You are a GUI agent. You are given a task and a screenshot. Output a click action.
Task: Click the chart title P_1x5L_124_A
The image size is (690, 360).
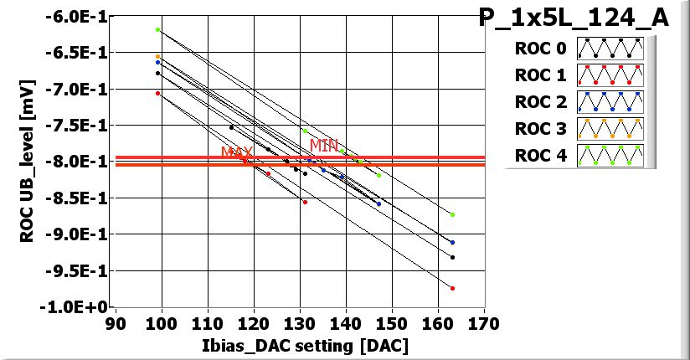click(x=574, y=18)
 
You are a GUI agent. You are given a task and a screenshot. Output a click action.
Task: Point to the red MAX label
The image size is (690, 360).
click(x=237, y=152)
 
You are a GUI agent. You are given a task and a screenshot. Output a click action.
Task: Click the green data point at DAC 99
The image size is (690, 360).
click(x=157, y=29)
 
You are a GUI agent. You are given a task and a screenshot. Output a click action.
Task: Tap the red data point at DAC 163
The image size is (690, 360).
click(x=452, y=288)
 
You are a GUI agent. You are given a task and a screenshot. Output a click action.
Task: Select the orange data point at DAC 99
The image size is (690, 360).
click(x=157, y=56)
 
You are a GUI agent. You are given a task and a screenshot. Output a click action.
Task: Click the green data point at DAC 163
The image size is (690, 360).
click(x=452, y=214)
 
